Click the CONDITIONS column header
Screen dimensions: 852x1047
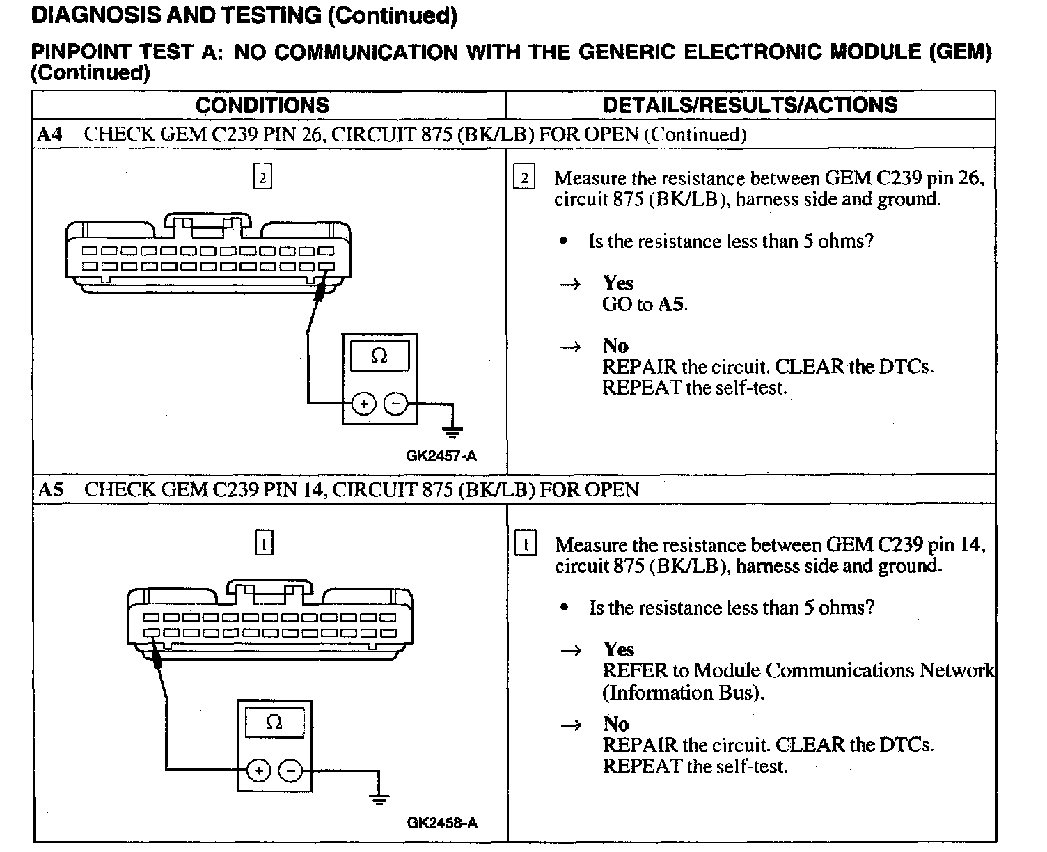click(262, 105)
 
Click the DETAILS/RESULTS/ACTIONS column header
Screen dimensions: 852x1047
click(750, 105)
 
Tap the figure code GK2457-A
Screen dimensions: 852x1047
click(441, 456)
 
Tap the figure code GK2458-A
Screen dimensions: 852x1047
click(442, 823)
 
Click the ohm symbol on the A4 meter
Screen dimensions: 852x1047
click(379, 356)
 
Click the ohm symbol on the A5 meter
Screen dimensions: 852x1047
click(274, 723)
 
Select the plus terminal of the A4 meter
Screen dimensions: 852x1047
click(363, 404)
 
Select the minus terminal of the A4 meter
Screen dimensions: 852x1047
click(396, 404)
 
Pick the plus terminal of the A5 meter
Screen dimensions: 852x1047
click(258, 771)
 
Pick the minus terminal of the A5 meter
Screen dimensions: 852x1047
click(291, 771)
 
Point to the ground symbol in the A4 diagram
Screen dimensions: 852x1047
click(452, 431)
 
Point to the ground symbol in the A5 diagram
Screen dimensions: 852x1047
click(379, 798)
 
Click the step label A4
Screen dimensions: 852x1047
click(50, 134)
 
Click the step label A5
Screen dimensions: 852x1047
click(51, 489)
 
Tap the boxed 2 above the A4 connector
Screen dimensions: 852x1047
click(262, 177)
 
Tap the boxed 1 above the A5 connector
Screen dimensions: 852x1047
click(265, 544)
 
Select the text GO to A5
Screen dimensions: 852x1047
click(645, 304)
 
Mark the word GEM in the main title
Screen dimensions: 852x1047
click(962, 52)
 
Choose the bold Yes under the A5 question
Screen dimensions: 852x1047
click(619, 649)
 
